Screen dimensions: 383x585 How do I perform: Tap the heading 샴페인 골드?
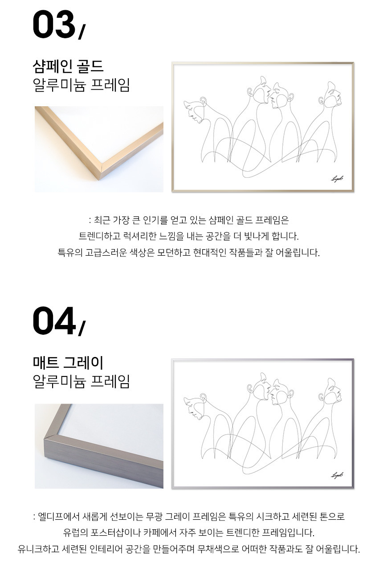pos(68,66)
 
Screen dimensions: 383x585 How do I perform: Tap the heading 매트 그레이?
pos(68,363)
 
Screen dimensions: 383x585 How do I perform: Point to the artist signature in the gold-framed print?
pos(337,179)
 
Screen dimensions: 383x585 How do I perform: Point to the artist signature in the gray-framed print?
pos(337,475)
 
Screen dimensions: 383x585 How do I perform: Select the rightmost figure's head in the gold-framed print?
pos(331,95)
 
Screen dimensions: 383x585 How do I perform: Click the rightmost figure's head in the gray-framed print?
pos(331,391)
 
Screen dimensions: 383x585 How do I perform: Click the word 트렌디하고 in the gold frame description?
pos(100,236)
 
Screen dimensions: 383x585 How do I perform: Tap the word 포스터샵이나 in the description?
pos(116,533)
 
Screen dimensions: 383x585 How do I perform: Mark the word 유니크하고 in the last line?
pos(38,549)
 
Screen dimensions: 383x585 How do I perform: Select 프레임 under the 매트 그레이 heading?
pos(110,381)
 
